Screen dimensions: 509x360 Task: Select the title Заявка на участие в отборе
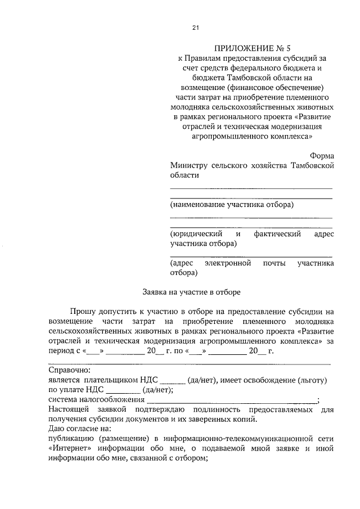191,292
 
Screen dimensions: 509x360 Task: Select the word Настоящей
71,409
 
